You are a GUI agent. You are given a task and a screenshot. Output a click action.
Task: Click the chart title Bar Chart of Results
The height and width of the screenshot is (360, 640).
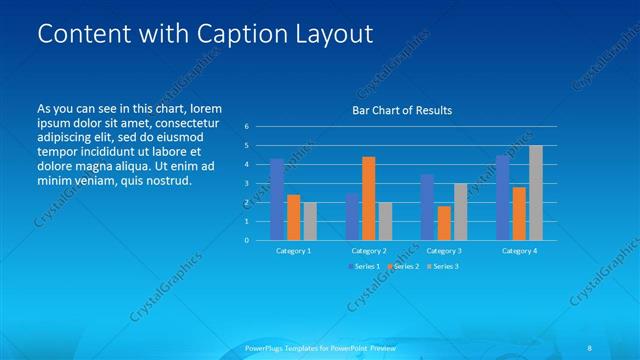pos(402,110)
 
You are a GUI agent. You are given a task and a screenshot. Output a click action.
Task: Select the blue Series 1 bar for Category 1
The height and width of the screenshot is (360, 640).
pos(277,199)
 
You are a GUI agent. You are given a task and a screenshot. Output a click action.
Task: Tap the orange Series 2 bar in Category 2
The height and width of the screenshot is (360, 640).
pos(368,198)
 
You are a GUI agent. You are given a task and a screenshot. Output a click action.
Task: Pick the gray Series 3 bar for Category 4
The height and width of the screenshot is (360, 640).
pos(535,193)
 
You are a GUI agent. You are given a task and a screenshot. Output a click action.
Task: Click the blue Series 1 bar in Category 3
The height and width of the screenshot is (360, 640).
pos(427,207)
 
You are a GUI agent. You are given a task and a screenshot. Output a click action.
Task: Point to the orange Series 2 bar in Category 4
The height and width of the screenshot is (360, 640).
pos(519,213)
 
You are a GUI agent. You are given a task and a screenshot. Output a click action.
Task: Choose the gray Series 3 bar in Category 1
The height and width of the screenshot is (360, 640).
pos(309,221)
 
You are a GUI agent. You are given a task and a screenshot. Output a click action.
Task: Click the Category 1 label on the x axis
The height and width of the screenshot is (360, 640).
pos(293,251)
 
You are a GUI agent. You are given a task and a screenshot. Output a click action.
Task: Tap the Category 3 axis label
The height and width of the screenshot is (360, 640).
pos(443,251)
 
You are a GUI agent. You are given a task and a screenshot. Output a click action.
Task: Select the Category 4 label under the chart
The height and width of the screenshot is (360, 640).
pos(519,251)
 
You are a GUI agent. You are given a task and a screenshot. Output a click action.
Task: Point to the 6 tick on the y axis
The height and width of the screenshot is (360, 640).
pos(246,127)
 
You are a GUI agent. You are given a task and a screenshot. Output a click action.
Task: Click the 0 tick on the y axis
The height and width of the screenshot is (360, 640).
pos(246,240)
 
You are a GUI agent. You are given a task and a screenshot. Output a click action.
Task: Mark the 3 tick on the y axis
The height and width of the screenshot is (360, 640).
pos(246,184)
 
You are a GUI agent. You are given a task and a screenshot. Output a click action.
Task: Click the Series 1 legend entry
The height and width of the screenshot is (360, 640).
pos(363,266)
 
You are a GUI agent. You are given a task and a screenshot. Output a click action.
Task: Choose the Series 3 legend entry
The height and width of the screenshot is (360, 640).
pos(442,266)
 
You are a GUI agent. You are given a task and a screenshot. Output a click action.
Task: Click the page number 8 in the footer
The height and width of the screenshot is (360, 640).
pos(591,347)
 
